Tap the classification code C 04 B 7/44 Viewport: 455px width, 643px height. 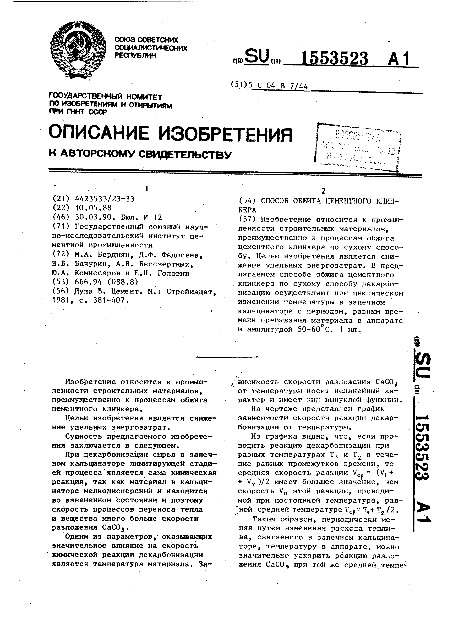coord(280,86)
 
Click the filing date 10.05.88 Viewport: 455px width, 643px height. coord(94,208)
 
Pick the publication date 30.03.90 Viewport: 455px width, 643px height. coord(94,217)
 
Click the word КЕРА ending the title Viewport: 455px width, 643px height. coord(247,210)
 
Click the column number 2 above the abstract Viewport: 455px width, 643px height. coord(323,191)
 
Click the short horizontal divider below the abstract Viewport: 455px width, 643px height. coord(230,357)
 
